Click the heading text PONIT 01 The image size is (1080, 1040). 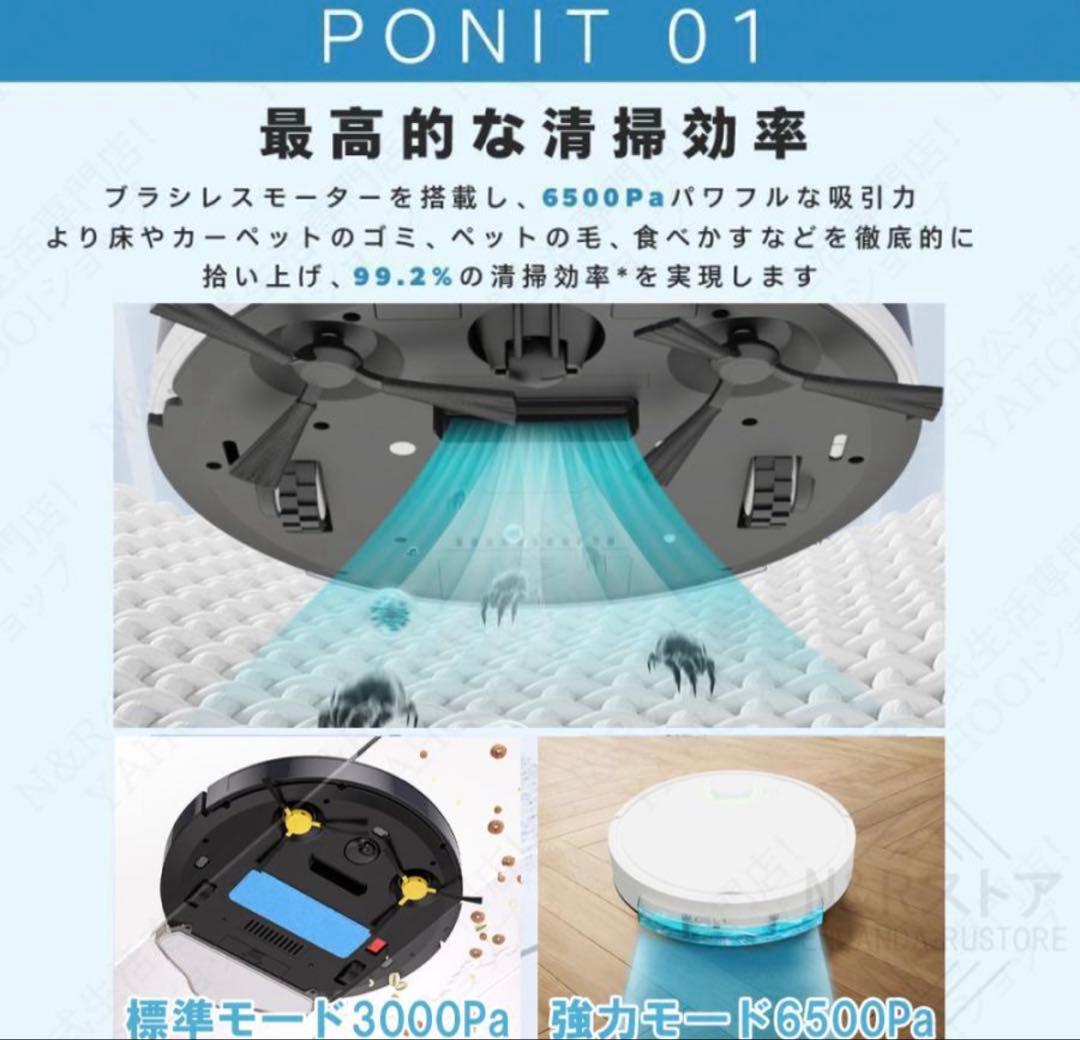coord(541,38)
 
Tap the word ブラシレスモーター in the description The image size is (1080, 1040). coord(247,198)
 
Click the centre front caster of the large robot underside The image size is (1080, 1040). coord(535,335)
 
